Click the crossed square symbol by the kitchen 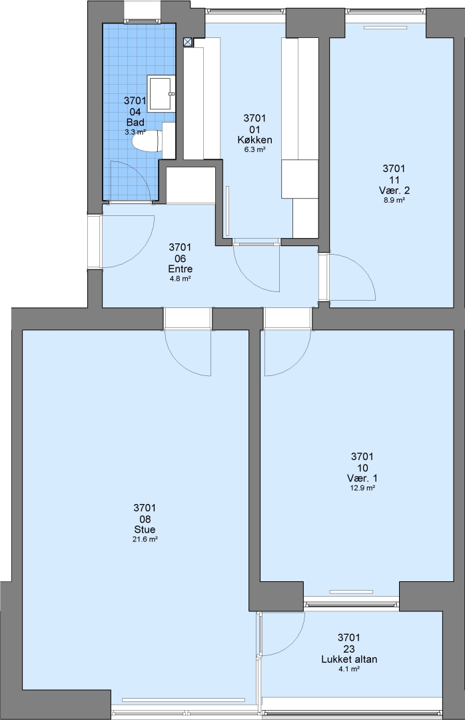[188, 42]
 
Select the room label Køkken [254, 139]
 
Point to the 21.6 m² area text [145, 539]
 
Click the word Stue [145, 529]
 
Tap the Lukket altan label [349, 659]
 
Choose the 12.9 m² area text [362, 488]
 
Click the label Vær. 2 [394, 190]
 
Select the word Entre [180, 269]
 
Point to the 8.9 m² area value [394, 200]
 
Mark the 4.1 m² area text [349, 669]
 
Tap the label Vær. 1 [362, 478]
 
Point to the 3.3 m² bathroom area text [135, 132]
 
